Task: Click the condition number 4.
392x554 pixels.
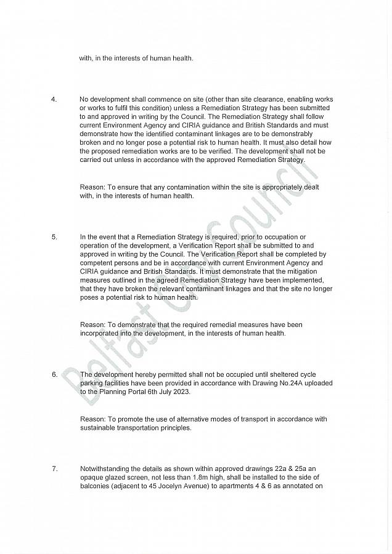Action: (x=54, y=99)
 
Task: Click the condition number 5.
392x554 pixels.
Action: (x=54, y=236)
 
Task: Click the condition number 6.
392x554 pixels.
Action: (x=54, y=374)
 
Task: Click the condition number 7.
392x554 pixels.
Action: (x=54, y=469)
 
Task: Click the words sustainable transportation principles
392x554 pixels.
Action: (x=136, y=428)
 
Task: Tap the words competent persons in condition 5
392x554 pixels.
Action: (x=108, y=262)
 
